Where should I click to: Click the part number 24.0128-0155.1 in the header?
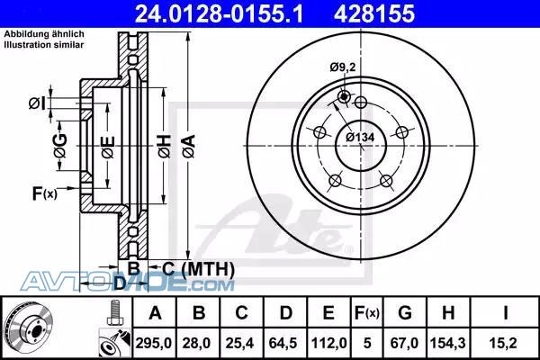219,14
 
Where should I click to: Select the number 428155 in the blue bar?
374,14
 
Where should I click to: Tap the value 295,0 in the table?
153,343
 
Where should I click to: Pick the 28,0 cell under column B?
196,343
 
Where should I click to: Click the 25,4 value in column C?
240,343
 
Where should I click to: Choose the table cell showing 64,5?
283,343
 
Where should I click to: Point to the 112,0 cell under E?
328,343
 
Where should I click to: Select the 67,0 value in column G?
404,343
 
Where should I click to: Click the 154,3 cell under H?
447,343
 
